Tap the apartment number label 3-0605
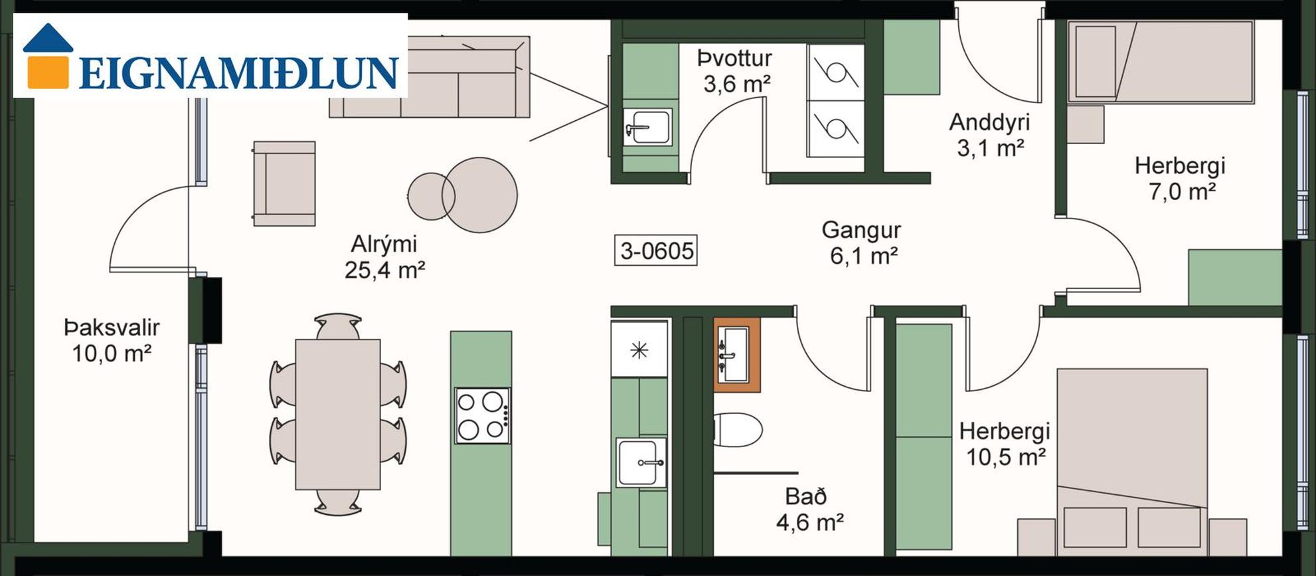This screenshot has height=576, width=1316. click(656, 251)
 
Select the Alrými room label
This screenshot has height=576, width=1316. click(384, 244)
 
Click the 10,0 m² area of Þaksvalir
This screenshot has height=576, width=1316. click(112, 353)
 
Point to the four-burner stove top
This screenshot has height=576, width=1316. click(483, 416)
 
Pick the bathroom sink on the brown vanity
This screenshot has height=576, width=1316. click(736, 354)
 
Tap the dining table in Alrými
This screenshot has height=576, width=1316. click(338, 415)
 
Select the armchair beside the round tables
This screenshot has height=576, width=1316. click(284, 183)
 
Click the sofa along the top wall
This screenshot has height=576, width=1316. click(430, 77)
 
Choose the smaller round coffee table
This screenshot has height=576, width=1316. click(431, 196)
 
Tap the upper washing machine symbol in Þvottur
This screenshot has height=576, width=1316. click(835, 72)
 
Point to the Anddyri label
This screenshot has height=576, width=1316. click(989, 122)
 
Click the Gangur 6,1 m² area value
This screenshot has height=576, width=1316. click(864, 256)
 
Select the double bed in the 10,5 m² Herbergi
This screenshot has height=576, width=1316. click(1132, 462)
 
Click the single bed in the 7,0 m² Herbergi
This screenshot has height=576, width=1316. click(1161, 62)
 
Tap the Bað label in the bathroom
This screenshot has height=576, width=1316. click(805, 496)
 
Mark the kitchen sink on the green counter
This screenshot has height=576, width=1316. click(641, 462)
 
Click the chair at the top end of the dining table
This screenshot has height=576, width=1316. click(339, 327)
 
